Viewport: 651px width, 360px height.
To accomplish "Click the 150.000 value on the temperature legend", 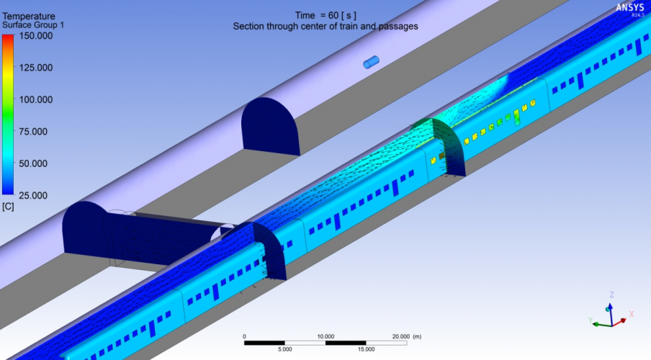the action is click(x=36, y=36).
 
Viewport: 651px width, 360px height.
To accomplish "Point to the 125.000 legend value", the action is click(x=36, y=68).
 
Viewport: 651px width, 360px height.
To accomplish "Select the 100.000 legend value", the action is click(x=36, y=99).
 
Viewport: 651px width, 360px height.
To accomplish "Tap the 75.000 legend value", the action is click(x=34, y=132).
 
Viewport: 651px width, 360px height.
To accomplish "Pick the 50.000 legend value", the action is click(x=34, y=163).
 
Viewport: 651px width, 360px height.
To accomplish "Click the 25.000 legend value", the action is click(x=34, y=196).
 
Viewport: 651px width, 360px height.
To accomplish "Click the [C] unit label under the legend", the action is click(x=8, y=207).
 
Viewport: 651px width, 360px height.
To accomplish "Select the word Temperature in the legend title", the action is click(x=29, y=16).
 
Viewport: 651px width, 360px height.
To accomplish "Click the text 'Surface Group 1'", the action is click(x=33, y=25).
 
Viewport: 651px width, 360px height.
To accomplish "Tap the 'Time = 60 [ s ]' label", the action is click(x=325, y=16).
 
